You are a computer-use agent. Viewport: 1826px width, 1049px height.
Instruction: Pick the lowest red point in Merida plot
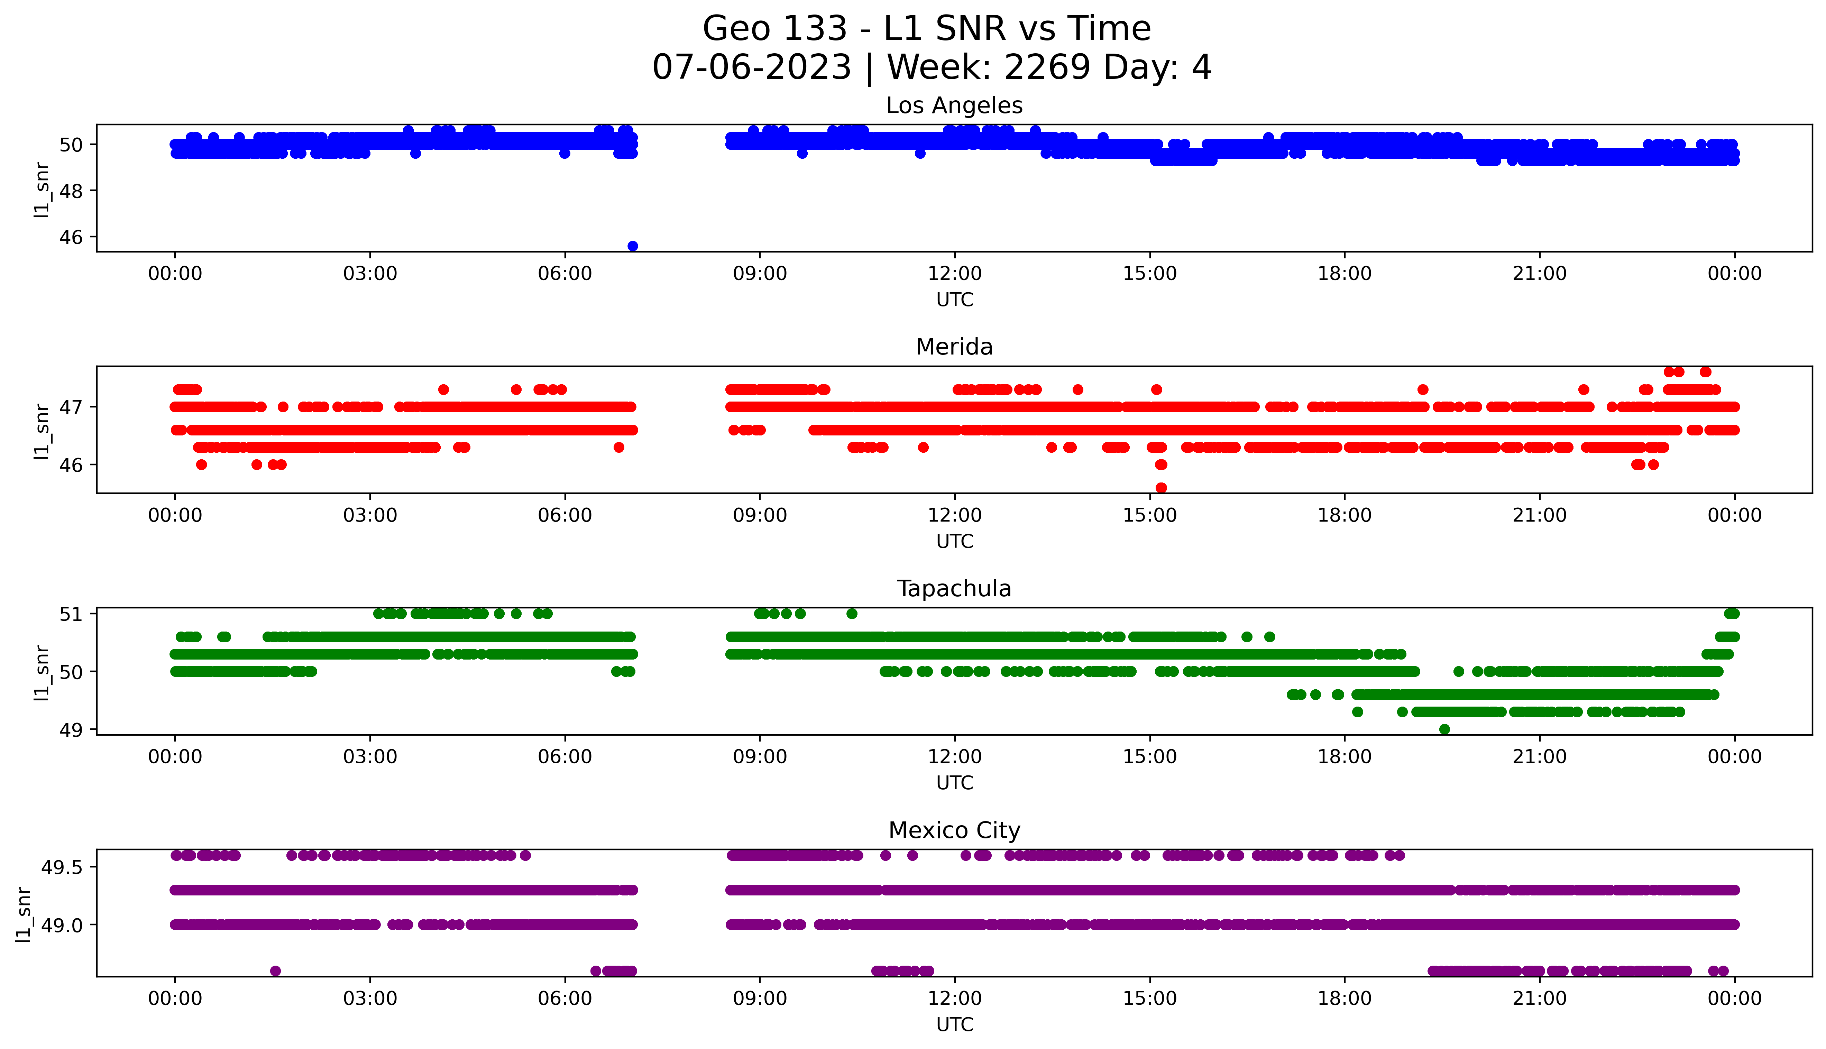click(1161, 488)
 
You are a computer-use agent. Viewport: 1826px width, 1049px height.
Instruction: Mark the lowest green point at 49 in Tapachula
click(1444, 729)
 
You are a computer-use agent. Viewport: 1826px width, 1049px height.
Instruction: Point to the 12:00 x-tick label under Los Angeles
click(954, 274)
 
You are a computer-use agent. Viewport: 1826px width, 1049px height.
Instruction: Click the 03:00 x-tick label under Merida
click(370, 515)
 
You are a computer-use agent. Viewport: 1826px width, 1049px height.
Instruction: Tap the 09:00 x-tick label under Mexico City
click(760, 999)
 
